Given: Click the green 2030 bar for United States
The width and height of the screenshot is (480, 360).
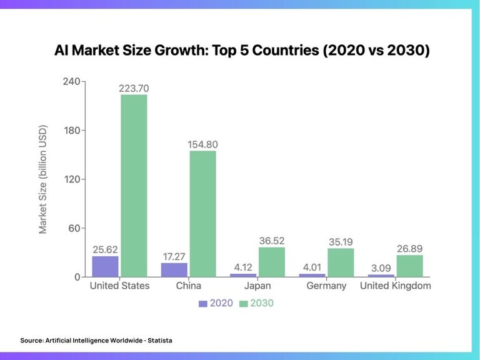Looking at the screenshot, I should tap(134, 186).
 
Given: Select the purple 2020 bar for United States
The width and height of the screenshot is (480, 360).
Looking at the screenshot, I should tap(105, 266).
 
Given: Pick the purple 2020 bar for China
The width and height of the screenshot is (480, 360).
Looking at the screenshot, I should tap(174, 269).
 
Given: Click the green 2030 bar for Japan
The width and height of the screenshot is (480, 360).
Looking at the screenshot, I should tap(271, 262).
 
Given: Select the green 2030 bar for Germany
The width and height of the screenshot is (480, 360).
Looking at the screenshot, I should tap(341, 262).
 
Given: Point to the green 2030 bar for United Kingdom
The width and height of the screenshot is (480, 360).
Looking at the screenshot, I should tap(409, 266).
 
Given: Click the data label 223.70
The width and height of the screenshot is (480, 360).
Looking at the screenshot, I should tap(133, 88).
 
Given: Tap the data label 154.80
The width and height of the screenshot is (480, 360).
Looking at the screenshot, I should tap(202, 144).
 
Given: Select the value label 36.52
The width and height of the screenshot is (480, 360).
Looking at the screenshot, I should tap(271, 241).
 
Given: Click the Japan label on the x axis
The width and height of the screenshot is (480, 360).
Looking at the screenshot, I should tap(257, 286).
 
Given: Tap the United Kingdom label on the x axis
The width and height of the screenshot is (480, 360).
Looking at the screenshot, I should tap(395, 286).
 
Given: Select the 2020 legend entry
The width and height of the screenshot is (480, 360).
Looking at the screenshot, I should tap(216, 303).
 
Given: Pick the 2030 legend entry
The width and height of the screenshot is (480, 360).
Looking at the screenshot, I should tap(256, 303).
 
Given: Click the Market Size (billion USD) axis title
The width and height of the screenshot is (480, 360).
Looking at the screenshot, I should tap(43, 180).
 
